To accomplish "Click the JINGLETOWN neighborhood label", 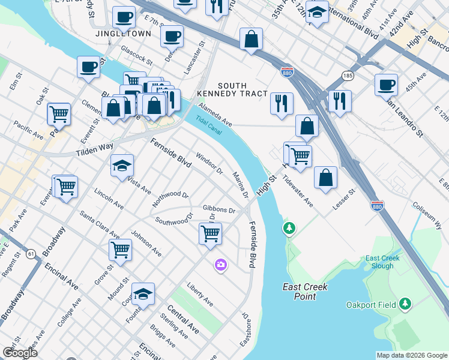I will point(123,34).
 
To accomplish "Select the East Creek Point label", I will point(305,292).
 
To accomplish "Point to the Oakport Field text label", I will point(371,305).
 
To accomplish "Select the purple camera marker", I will point(221,265).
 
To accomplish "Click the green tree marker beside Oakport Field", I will point(406,304).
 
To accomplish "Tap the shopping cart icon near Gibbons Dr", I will point(210,233).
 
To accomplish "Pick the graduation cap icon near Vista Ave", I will point(122,166).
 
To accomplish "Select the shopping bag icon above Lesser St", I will point(325,178).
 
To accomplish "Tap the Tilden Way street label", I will point(95,147).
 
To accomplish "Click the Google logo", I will point(20,353).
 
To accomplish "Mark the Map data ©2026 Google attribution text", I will point(411,355).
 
